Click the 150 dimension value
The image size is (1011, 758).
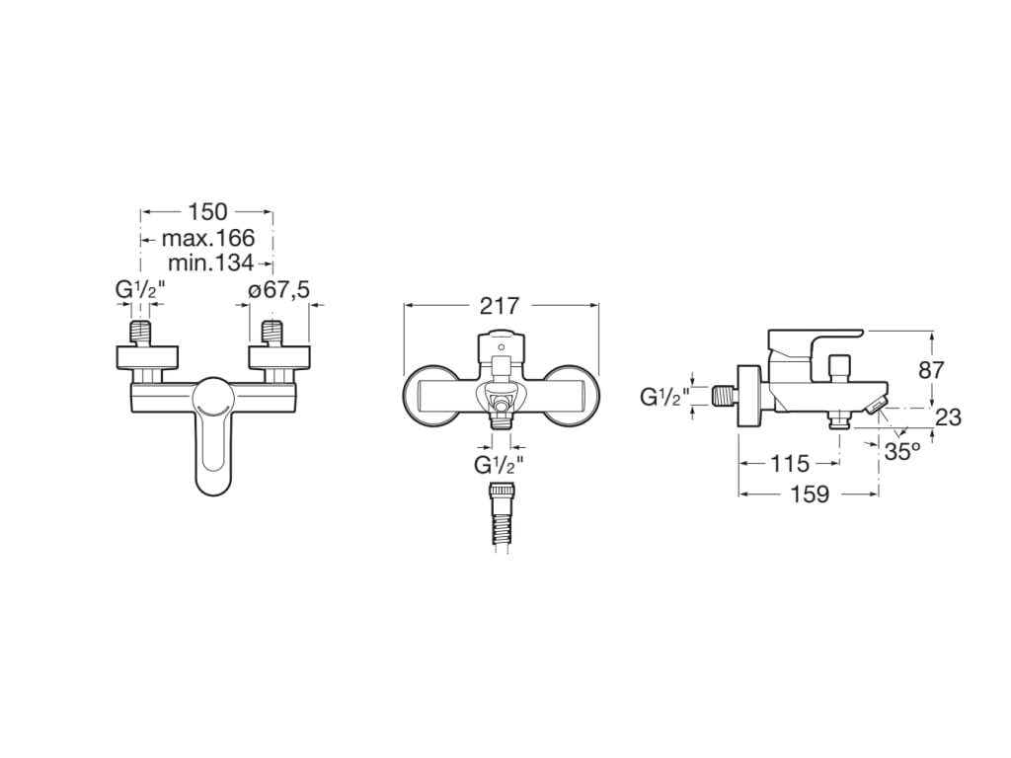click(207, 211)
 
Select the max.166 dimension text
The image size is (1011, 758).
click(208, 238)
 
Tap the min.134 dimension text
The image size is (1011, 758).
click(208, 263)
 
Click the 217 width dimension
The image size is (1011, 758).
click(500, 306)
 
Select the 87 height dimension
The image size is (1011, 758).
click(931, 370)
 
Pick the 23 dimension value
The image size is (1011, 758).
click(948, 417)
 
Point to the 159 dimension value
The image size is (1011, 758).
click(810, 494)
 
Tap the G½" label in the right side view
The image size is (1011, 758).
click(663, 397)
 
